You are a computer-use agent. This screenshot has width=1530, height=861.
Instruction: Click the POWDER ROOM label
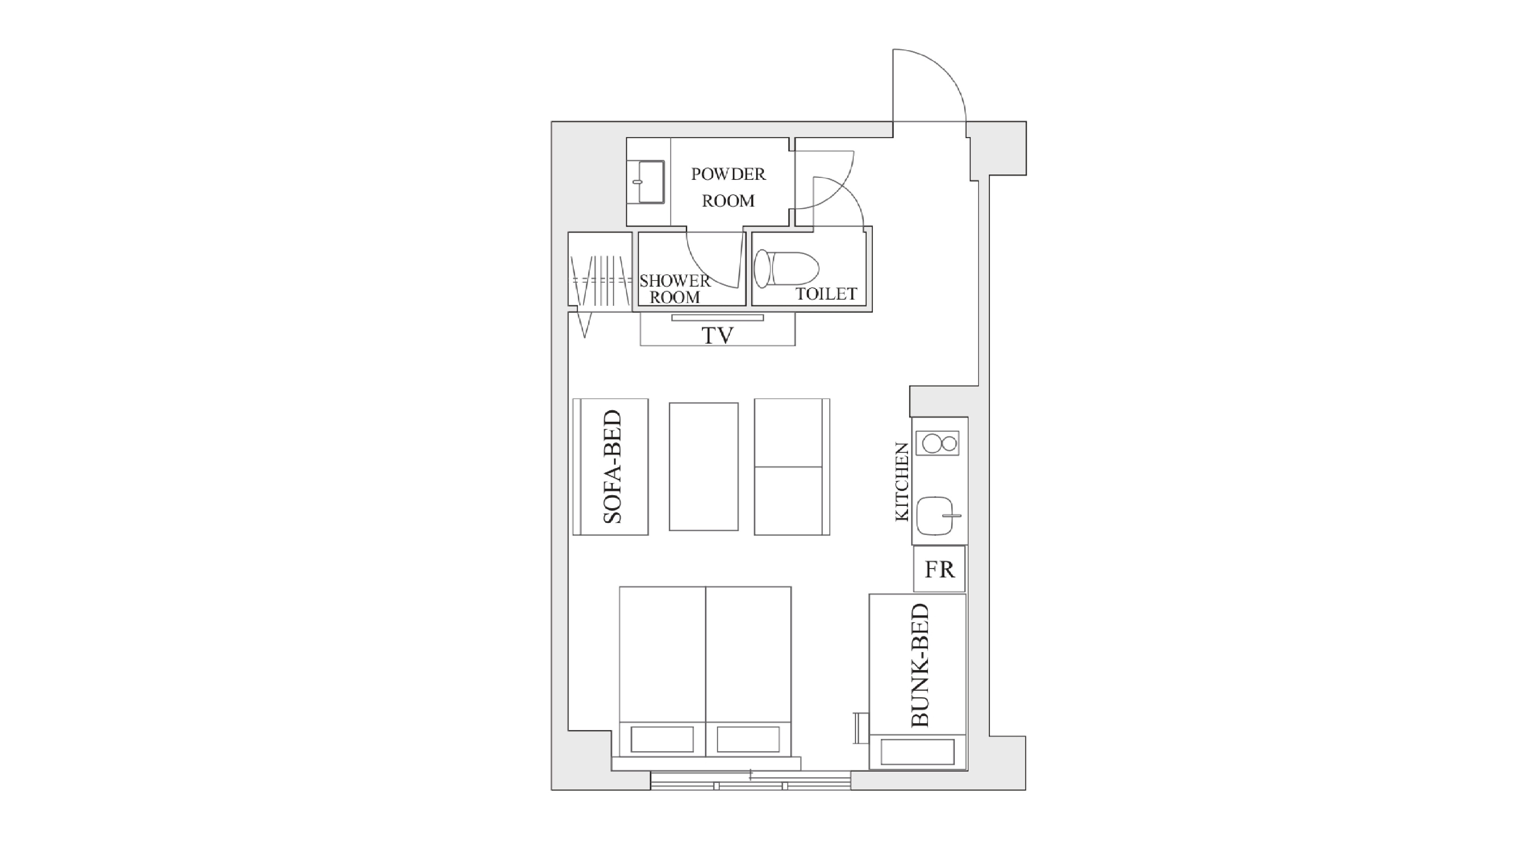(728, 187)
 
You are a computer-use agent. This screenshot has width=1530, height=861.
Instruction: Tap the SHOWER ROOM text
(675, 289)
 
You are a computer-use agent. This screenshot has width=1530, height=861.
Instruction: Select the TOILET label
(826, 294)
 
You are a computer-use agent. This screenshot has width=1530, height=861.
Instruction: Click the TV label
(718, 336)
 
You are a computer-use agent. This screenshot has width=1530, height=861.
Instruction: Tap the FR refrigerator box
(939, 569)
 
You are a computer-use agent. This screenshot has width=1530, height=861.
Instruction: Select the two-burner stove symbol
(937, 443)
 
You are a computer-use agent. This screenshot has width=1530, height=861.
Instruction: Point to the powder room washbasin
(649, 182)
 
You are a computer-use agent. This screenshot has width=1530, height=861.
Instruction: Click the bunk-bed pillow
(917, 752)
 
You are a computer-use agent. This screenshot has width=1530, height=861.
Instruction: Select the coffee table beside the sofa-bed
(704, 466)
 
